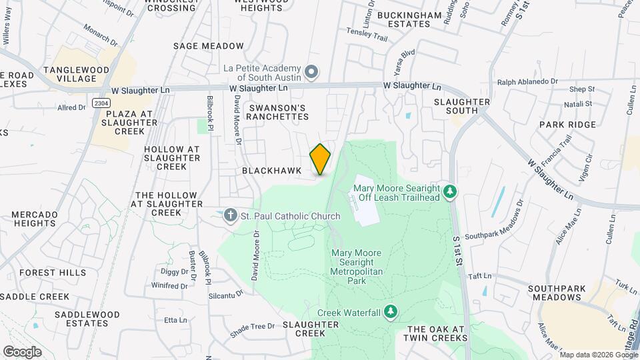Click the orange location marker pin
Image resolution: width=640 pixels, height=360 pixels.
point(320,159)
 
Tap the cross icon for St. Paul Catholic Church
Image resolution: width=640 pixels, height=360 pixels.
point(230,215)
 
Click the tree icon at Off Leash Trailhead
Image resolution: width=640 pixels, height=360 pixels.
point(451,192)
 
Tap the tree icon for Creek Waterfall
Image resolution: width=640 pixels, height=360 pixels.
point(391,312)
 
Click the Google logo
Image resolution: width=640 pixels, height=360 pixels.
point(22,351)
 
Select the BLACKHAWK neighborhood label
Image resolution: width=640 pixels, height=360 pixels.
point(271,171)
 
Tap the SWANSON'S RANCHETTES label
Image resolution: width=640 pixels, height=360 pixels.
point(278,112)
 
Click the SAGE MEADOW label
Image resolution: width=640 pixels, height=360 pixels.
point(208,46)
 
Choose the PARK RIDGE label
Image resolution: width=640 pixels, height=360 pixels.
point(567,125)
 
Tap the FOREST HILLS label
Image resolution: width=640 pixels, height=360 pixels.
point(53,273)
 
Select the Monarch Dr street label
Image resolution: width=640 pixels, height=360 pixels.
point(100,35)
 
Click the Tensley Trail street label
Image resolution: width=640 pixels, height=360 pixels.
point(367,35)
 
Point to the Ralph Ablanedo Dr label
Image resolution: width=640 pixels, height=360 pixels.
point(527,81)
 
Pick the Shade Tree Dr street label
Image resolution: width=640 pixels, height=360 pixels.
point(252,326)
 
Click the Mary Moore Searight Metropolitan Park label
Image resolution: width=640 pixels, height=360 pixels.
point(357,267)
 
